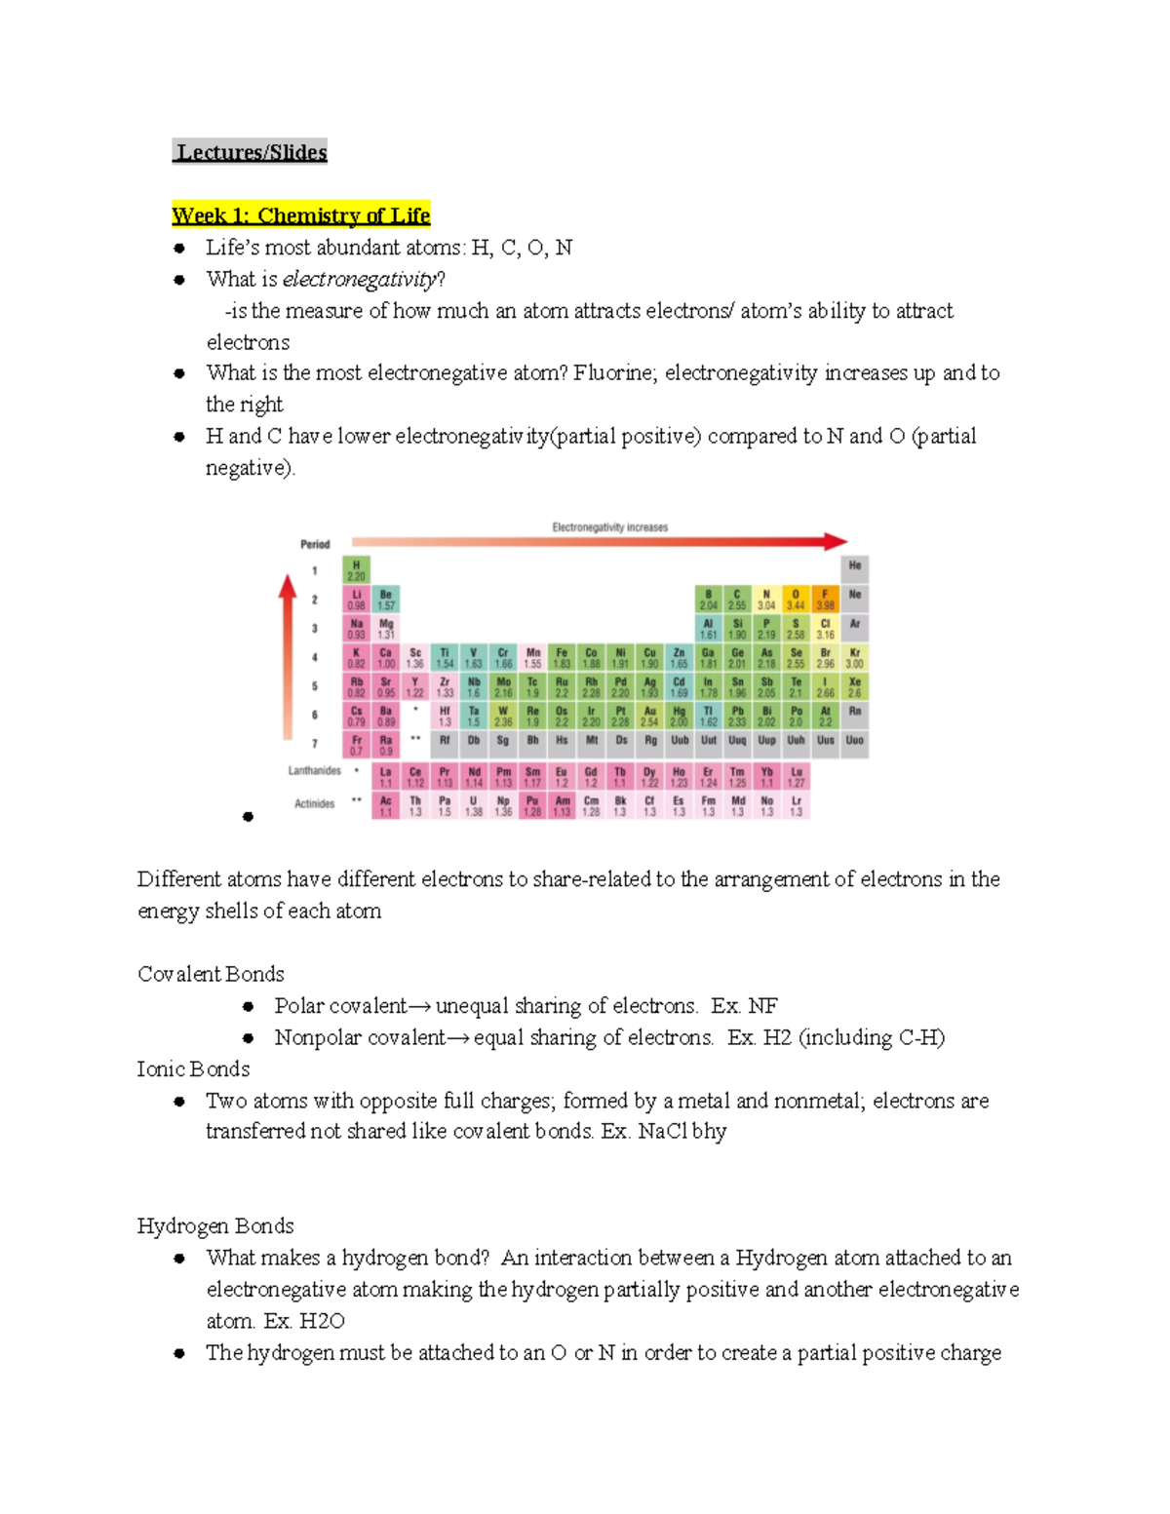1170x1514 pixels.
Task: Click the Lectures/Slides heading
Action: coord(252,152)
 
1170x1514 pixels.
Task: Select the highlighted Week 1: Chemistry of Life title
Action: coord(300,215)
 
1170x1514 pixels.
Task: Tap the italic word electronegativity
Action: coord(359,280)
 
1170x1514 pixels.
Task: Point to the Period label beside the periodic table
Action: coord(315,544)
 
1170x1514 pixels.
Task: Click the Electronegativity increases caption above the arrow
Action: coord(609,527)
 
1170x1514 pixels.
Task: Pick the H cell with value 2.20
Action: coord(356,570)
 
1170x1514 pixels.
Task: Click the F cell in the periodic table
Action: coord(825,599)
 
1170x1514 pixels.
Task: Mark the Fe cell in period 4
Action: coord(562,657)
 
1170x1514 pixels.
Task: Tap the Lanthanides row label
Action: coord(314,771)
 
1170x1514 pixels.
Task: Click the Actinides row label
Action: coord(314,804)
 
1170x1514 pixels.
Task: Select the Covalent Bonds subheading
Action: coord(211,974)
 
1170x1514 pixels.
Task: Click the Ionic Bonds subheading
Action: coord(193,1069)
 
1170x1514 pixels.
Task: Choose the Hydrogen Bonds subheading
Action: coord(215,1226)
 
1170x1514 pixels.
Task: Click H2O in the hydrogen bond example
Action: coord(322,1322)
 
